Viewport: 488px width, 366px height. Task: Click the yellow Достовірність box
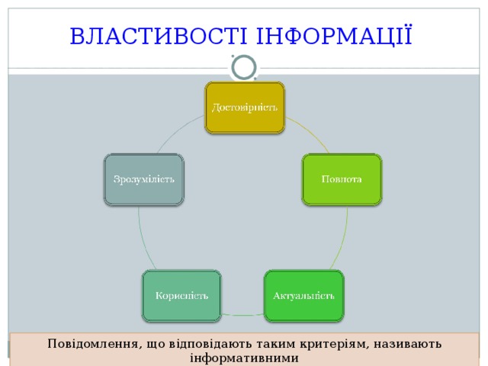click(244, 108)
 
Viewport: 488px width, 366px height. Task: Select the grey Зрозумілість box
click(144, 179)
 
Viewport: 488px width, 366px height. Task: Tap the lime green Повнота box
click(342, 179)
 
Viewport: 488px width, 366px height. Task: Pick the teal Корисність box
click(182, 295)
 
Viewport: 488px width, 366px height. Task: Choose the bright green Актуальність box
click(303, 295)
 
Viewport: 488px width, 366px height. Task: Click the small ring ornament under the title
click(244, 67)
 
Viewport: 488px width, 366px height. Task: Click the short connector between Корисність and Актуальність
click(242, 314)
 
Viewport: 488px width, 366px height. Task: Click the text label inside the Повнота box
click(342, 179)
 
